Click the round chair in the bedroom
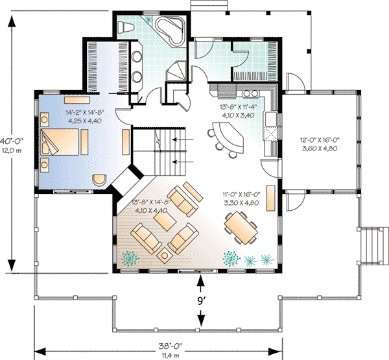[98, 180]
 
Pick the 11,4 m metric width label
[158, 355]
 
